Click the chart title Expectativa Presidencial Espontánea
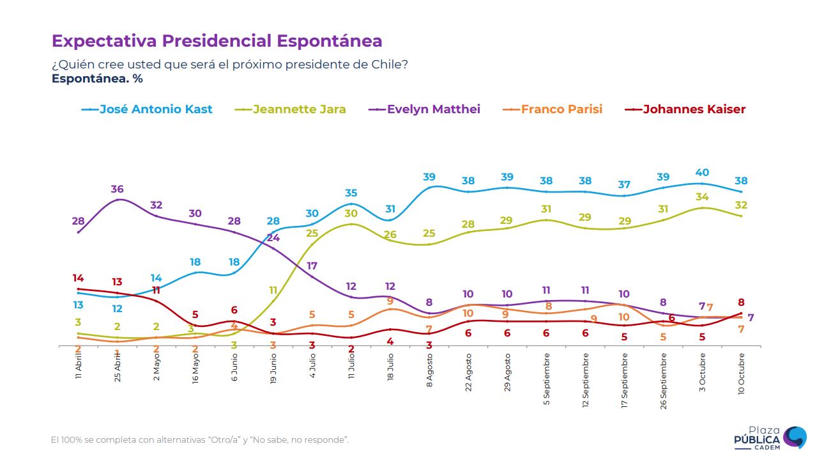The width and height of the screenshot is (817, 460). [217, 41]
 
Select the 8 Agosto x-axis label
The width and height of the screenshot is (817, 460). [430, 369]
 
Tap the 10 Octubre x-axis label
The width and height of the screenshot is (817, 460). [742, 372]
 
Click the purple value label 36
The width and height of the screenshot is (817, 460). [117, 189]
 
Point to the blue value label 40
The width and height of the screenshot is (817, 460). [703, 173]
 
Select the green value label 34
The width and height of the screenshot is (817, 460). [703, 197]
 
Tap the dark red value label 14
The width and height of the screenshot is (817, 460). [78, 278]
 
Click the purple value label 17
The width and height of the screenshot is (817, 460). [312, 266]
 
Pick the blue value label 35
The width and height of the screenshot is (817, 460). [351, 193]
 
